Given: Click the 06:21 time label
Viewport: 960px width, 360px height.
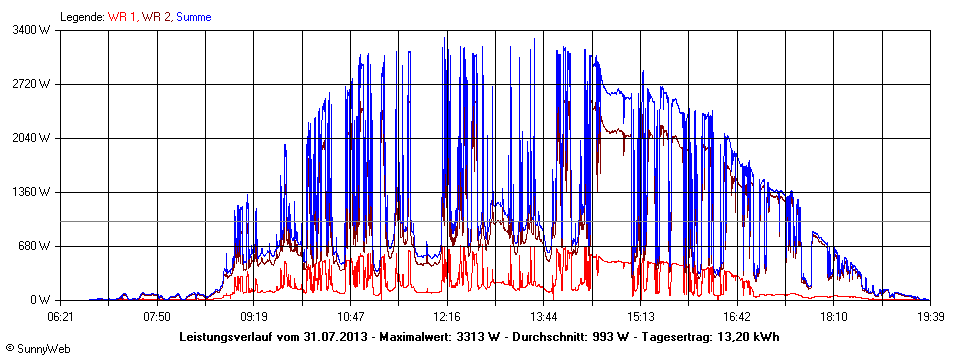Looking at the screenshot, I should [60, 316].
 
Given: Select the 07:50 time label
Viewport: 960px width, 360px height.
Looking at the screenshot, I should [157, 316].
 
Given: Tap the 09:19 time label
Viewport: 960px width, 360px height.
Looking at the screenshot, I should [254, 316].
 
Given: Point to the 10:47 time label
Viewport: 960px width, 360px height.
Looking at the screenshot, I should [350, 316].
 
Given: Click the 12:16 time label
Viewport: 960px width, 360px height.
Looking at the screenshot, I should [447, 316].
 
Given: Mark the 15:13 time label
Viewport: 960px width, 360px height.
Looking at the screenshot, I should [640, 316].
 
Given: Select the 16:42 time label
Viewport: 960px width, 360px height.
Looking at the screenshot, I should [737, 316].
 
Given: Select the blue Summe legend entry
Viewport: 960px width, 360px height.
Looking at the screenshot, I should [193, 16].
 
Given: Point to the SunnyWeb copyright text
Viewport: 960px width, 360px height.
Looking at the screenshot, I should [37, 348].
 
